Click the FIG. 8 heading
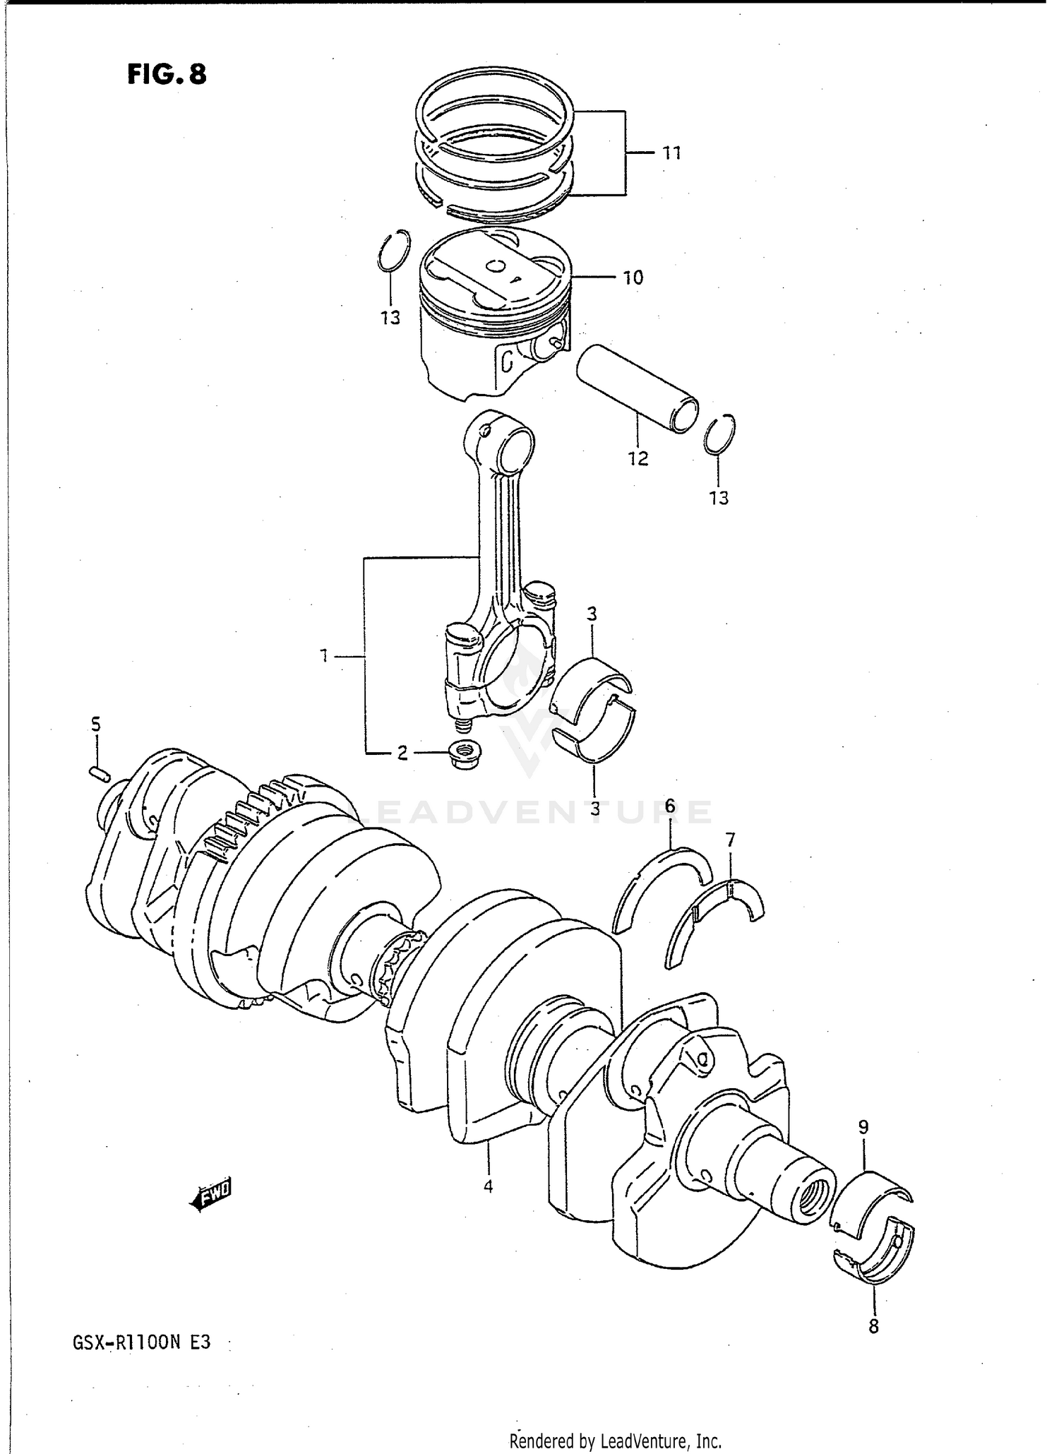click(167, 73)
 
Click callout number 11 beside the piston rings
click(671, 153)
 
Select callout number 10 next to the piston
click(633, 278)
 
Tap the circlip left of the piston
click(393, 251)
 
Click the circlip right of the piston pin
click(720, 433)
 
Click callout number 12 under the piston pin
click(638, 458)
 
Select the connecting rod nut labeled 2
click(464, 755)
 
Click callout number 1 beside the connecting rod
click(324, 657)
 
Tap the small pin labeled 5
click(100, 773)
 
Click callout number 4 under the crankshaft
click(488, 1186)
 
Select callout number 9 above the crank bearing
click(863, 1128)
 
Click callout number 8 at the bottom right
click(873, 1327)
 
